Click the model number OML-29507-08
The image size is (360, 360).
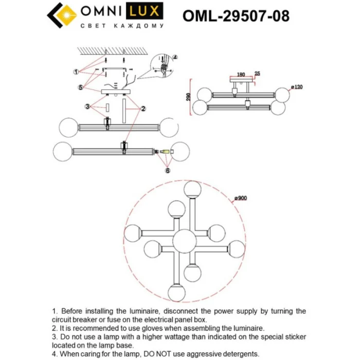point(236,16)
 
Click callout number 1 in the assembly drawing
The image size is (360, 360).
point(76,71)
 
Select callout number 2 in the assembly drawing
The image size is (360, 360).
point(142,109)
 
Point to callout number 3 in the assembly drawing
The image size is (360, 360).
point(88,107)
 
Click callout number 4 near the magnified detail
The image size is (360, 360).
point(174,57)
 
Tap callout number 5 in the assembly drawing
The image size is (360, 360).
point(81,87)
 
